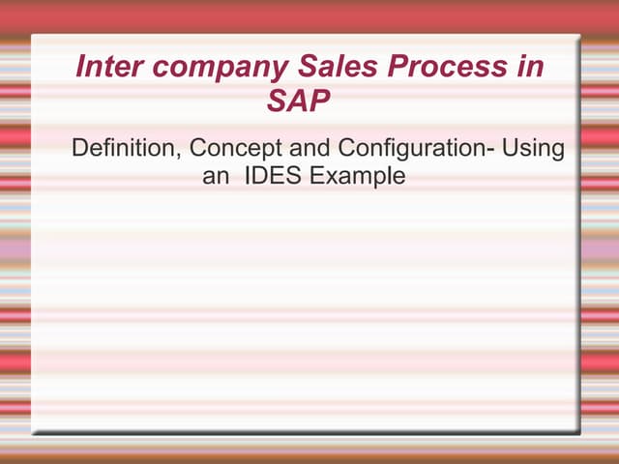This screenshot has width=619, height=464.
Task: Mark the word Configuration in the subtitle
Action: pyautogui.click(x=411, y=150)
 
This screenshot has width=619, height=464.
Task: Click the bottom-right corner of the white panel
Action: pyautogui.click(x=579, y=431)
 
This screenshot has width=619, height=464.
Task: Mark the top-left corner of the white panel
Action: pyautogui.click(x=32, y=36)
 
